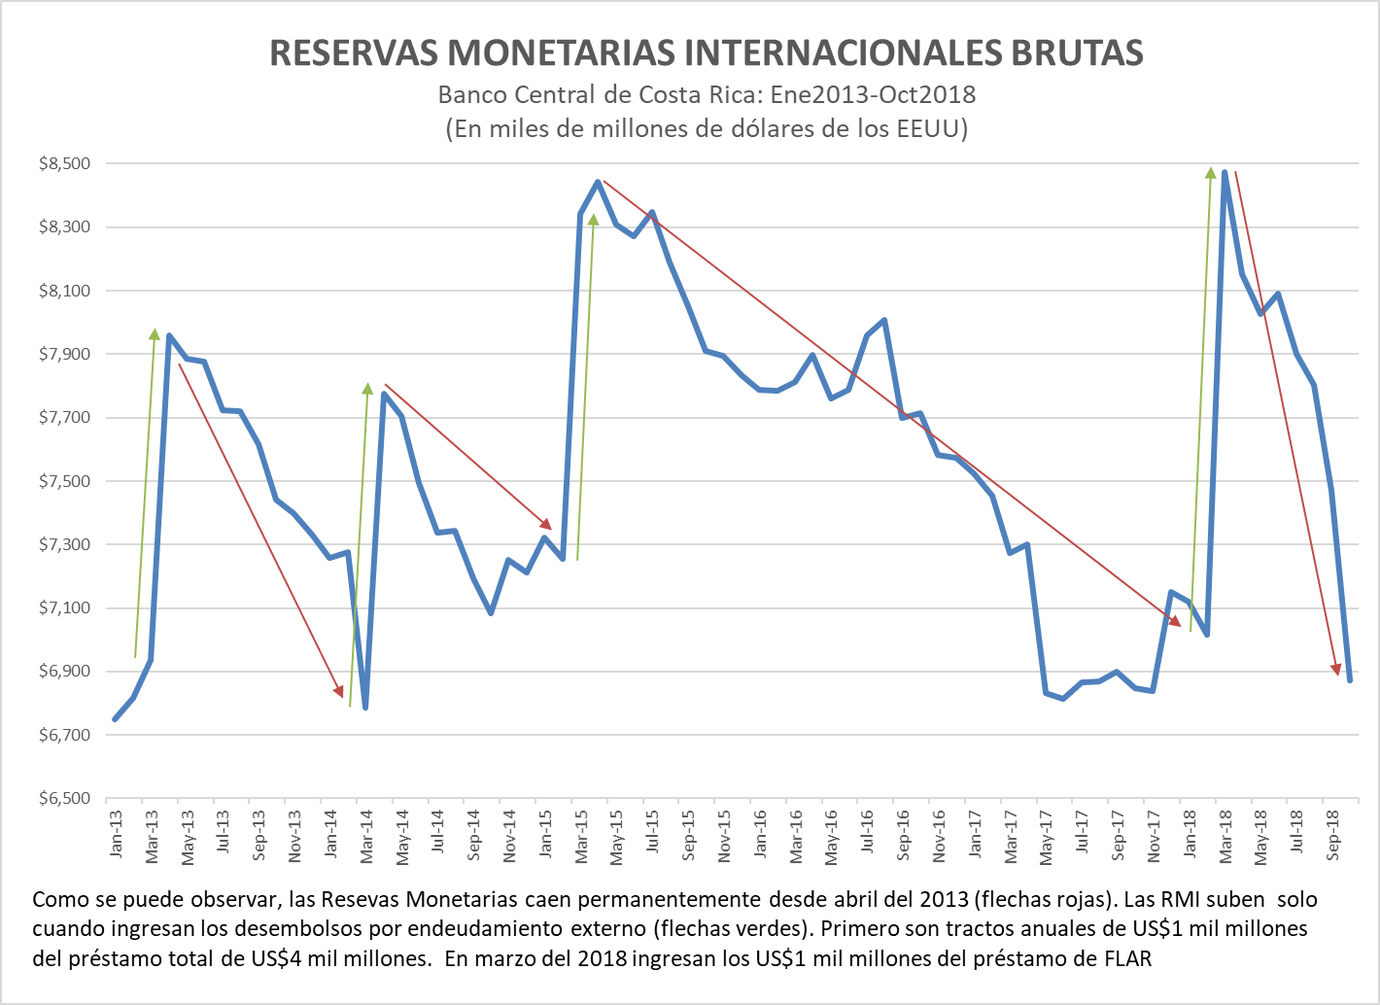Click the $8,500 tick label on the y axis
[x=65, y=164]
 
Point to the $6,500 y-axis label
[x=65, y=799]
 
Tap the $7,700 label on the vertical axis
[x=65, y=418]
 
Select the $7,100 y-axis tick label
[x=65, y=608]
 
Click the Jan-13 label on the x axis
[x=117, y=834]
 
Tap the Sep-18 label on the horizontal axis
[x=1333, y=836]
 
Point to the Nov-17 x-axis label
[x=1154, y=836]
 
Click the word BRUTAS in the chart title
[x=1077, y=53]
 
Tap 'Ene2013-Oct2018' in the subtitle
[x=873, y=95]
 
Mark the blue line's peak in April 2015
[x=598, y=181]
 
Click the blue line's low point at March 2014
[x=365, y=708]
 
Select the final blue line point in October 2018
[x=1350, y=680]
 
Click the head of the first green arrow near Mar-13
[x=155, y=329]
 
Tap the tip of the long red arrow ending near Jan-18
[x=1181, y=626]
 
